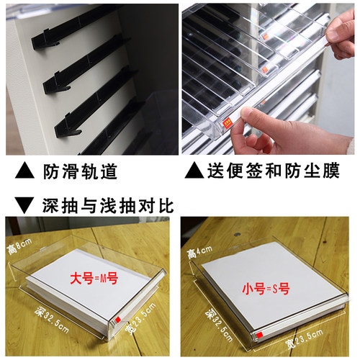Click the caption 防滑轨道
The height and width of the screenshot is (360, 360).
80,171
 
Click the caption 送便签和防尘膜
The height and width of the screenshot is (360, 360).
274,171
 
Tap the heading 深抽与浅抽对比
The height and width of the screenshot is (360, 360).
108,206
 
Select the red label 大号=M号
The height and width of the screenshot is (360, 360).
94,279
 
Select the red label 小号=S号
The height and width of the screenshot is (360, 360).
266,289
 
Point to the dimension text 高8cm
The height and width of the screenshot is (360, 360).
19,246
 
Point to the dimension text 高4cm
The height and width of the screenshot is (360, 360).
199,252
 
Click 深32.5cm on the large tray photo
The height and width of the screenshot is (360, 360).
52,320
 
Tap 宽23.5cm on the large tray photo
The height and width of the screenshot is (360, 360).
141,318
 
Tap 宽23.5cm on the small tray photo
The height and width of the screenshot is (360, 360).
304,339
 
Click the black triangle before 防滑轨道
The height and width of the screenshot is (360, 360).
24,170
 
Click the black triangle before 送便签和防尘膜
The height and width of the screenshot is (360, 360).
194,170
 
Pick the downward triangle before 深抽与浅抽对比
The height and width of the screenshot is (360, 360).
24,205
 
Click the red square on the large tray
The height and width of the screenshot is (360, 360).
117,320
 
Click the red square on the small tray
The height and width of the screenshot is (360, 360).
259,335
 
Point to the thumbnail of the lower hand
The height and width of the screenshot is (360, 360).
248,113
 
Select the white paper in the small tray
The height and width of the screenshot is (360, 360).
271,286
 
